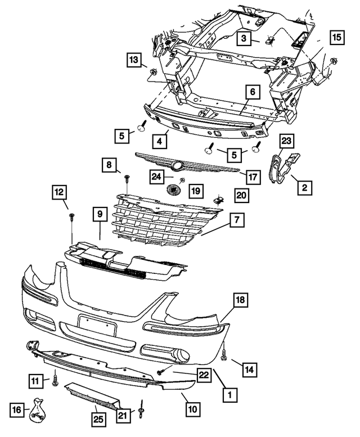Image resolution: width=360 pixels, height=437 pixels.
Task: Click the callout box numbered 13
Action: [x=134, y=60]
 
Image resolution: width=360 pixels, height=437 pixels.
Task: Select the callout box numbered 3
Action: [x=244, y=38]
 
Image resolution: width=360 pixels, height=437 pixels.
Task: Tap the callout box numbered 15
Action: [x=336, y=38]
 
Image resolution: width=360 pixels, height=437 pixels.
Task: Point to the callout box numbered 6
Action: [x=252, y=92]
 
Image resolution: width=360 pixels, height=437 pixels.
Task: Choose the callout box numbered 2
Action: [x=304, y=188]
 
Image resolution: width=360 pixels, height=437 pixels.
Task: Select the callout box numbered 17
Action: [x=253, y=177]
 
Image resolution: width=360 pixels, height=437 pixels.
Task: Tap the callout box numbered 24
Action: [x=157, y=177]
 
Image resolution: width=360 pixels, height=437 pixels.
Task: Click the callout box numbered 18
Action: [x=240, y=301]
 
